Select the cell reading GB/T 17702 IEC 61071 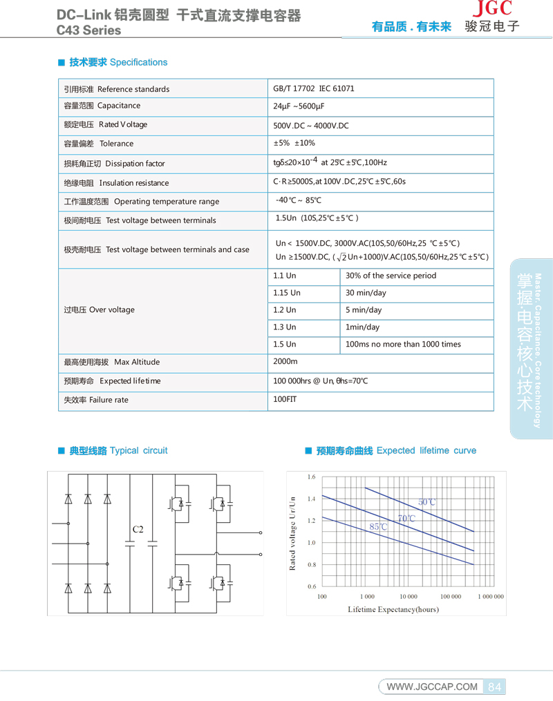[313, 88]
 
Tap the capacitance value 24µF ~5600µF [299, 106]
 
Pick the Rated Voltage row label [105, 125]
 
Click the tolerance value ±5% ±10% [294, 143]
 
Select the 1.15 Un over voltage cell [287, 293]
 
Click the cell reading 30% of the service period [391, 276]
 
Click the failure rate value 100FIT [284, 399]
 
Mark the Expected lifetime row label [112, 381]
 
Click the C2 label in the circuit [138, 529]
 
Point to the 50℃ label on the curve [427, 502]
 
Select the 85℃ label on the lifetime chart [378, 526]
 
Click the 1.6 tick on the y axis [311, 477]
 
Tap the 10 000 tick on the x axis [408, 596]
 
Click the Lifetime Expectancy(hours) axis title [393, 609]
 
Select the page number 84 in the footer [494, 686]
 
